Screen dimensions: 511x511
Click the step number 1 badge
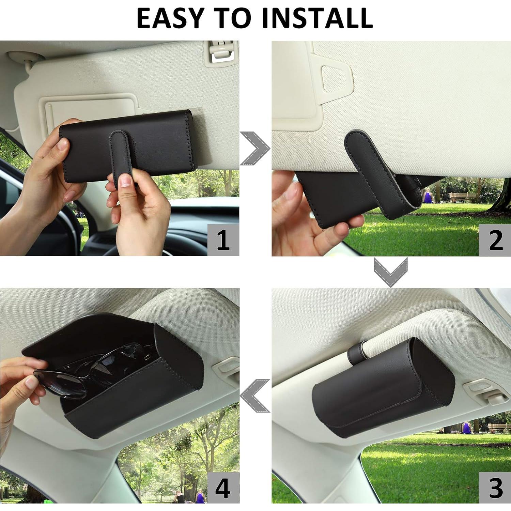[223, 240]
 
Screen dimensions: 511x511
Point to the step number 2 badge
[495, 240]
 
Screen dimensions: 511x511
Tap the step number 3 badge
[495, 488]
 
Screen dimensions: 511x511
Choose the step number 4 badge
[223, 488]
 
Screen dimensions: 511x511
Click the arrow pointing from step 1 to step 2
[255, 149]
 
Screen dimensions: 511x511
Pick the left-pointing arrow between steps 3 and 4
[255, 396]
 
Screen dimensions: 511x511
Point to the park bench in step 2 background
[462, 197]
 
